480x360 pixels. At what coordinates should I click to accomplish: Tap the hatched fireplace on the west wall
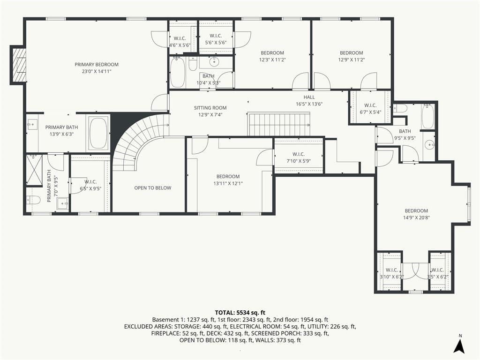19,65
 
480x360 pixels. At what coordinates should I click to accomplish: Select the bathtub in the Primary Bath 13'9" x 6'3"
98,134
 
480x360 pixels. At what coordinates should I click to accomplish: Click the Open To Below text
153,188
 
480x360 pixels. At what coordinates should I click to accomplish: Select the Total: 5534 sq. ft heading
240,313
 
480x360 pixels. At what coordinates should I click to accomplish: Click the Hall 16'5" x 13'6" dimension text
309,104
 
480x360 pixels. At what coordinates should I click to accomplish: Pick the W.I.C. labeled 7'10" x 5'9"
299,157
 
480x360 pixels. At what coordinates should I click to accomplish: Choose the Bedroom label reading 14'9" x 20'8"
416,214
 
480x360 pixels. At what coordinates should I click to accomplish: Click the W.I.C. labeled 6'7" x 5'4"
370,109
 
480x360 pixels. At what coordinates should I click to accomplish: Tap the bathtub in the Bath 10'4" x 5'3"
178,72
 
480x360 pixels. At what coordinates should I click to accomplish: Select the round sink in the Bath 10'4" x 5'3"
214,62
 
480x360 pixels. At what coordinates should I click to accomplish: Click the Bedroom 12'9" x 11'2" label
352,56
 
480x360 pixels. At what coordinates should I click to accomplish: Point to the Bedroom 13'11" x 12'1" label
228,180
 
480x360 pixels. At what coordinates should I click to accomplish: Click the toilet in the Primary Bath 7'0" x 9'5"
33,200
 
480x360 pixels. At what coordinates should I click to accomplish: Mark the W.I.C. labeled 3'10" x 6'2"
392,273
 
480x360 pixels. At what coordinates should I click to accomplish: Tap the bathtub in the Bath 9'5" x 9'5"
427,116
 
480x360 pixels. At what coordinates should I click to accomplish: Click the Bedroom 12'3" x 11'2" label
272,56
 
